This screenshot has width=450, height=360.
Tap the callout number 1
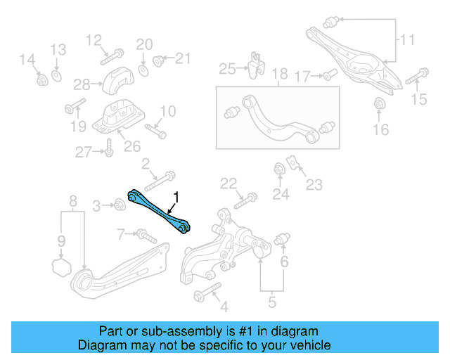point(176,198)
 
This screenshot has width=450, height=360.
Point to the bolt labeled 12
point(112,53)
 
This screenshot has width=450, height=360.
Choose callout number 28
point(82,84)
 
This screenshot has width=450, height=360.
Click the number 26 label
point(132,147)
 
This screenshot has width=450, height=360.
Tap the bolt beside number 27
point(109,148)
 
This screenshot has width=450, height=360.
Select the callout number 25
point(226,68)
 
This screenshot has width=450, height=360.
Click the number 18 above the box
point(280,74)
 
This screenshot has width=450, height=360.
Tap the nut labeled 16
point(380,105)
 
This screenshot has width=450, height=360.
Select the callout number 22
point(228,184)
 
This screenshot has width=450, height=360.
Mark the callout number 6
point(284,262)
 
